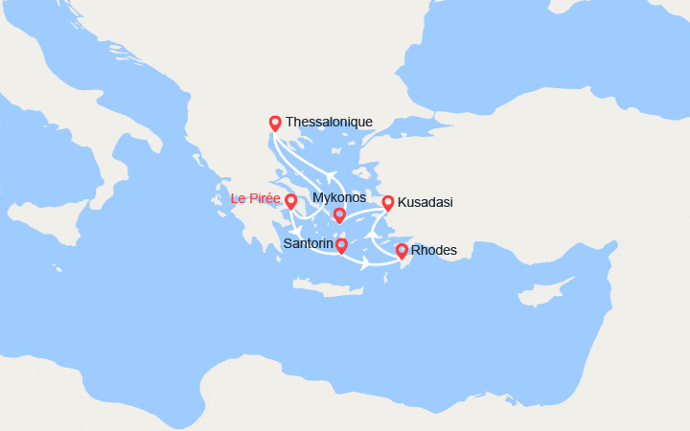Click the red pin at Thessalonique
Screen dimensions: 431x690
[x=275, y=122]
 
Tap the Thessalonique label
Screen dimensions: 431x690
[x=329, y=122]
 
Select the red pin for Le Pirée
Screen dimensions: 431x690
[x=290, y=201]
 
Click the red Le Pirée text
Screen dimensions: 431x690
[x=256, y=199]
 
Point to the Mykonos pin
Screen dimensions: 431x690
[x=339, y=215]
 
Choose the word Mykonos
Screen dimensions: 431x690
[x=340, y=198]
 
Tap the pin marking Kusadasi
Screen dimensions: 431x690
[x=388, y=202]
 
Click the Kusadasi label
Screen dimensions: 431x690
[x=425, y=202]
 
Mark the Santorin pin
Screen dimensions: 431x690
[x=341, y=245]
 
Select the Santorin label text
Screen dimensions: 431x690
[x=309, y=244]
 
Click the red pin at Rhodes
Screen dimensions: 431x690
[x=402, y=251]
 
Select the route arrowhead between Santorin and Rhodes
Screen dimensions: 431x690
[x=366, y=261]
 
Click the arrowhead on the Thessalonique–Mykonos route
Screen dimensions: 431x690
[x=331, y=175]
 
